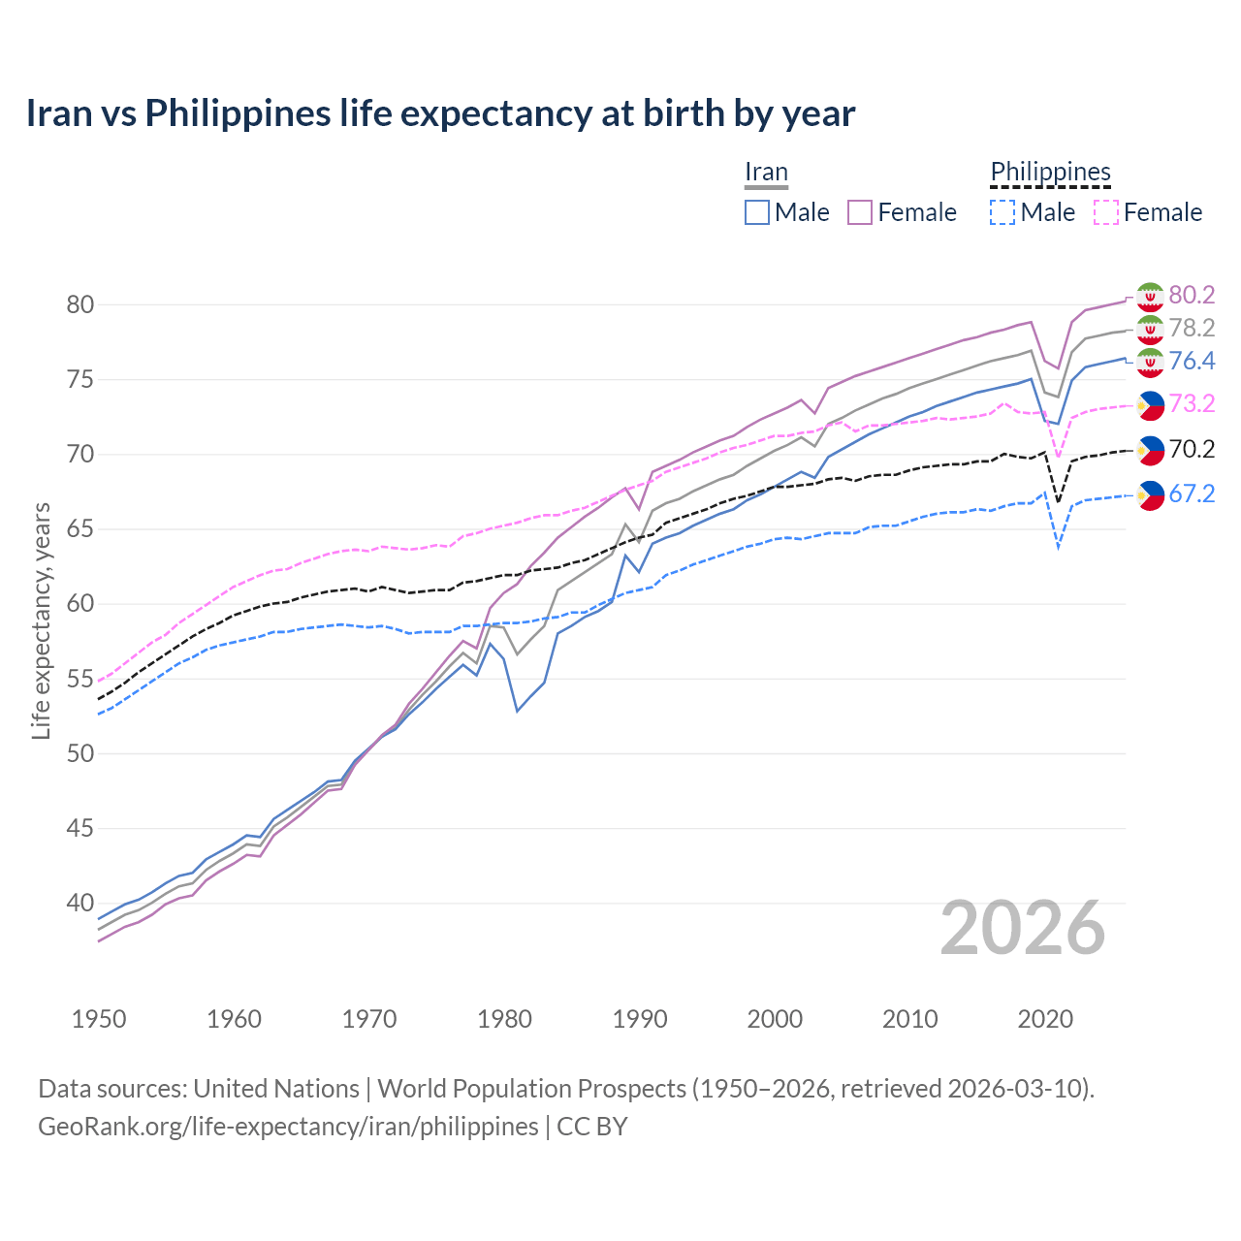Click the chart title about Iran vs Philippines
click(440, 113)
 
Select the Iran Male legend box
click(757, 212)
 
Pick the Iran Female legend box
click(860, 212)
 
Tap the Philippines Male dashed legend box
click(1002, 212)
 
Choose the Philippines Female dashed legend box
click(1106, 212)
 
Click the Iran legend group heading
click(766, 173)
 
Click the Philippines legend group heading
click(1050, 173)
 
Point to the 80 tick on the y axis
click(80, 304)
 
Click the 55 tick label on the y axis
click(80, 679)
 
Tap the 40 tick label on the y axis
click(80, 903)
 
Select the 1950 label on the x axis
click(99, 1019)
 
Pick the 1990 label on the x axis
click(640, 1019)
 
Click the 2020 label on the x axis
click(1045, 1019)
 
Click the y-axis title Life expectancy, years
click(41, 620)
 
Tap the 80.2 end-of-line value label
click(1192, 295)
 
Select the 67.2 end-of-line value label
click(1192, 493)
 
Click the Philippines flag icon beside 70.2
click(1150, 449)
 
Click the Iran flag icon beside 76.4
click(1150, 363)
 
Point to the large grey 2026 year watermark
click(1023, 928)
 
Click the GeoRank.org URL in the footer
click(288, 1127)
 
